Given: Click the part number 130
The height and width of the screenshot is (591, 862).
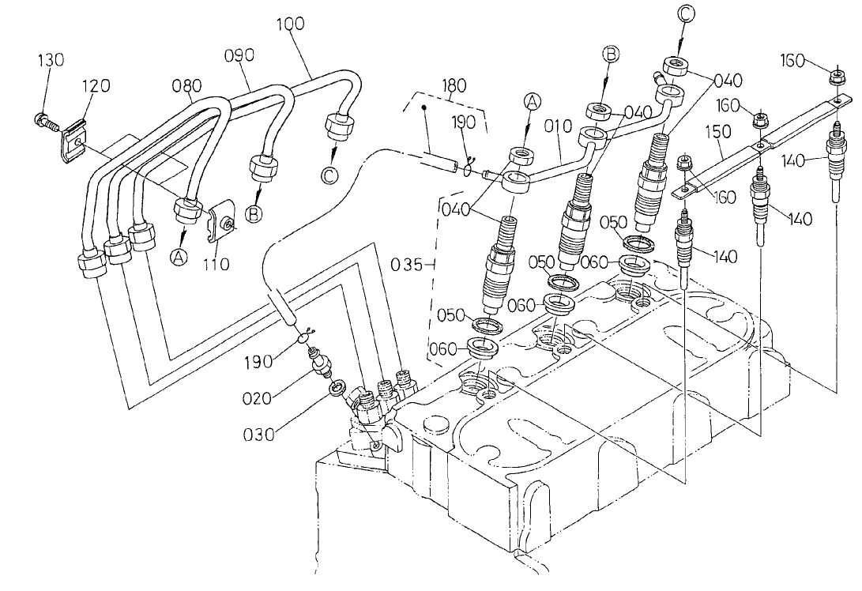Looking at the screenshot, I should [x=51, y=61].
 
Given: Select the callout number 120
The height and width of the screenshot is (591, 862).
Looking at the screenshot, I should [x=96, y=86].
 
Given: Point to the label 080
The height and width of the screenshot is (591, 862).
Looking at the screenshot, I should [x=186, y=85].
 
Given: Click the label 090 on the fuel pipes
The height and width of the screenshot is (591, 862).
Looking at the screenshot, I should [x=238, y=55].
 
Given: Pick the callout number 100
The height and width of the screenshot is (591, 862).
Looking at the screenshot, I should [x=291, y=24].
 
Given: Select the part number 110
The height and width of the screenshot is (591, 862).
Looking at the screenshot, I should [x=214, y=265].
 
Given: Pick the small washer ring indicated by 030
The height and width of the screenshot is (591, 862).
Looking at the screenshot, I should [x=335, y=387].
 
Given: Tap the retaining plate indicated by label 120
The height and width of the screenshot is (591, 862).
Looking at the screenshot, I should [x=73, y=140].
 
